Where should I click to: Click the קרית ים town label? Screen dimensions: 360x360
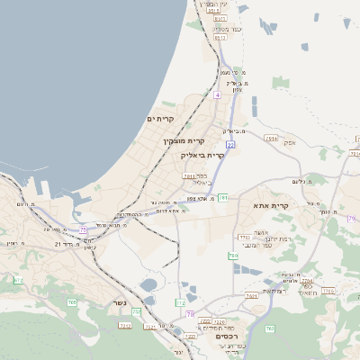160,119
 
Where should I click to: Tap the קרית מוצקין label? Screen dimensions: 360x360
184,141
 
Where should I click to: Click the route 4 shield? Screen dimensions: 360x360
218,94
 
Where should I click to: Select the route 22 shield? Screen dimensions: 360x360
230,144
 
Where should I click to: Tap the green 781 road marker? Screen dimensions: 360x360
222,196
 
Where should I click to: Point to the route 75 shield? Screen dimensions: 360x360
84,230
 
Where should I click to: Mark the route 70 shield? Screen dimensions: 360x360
270,328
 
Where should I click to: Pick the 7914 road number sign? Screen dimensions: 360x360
271,139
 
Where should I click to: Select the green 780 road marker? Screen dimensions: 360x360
233,256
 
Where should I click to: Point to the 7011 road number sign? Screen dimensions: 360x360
189,176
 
